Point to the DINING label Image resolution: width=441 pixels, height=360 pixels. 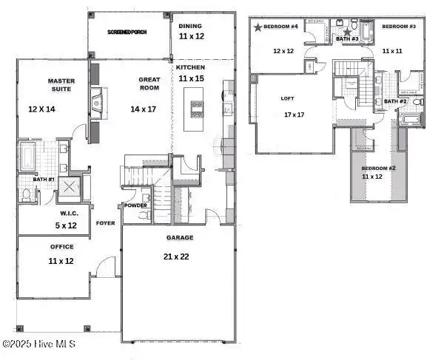190,26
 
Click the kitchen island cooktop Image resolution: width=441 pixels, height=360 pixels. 197,109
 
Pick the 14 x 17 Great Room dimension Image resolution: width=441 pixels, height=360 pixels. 144,109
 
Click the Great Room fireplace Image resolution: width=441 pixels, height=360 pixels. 98,101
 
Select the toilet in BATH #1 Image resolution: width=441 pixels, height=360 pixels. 27,195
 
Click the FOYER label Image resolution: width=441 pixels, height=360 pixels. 106,223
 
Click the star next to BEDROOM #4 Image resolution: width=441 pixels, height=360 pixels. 257,27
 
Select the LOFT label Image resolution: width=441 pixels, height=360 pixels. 288,98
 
